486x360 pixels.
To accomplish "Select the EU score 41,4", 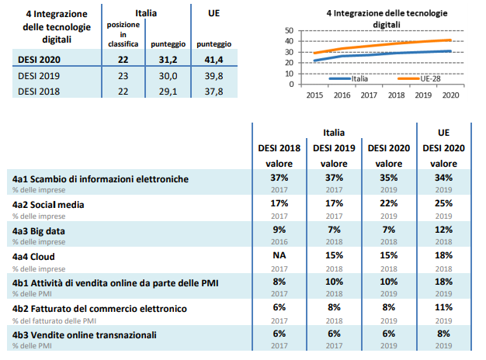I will tap(213, 60).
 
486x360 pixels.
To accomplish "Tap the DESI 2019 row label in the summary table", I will tap(38, 77).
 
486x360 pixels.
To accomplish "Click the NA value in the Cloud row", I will tap(279, 255).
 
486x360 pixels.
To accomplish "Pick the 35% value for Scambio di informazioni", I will tap(389, 178).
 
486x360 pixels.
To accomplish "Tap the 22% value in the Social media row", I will tap(389, 204).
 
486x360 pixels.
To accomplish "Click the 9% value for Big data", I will tap(279, 230).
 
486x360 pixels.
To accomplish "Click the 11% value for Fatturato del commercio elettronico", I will tap(443, 308).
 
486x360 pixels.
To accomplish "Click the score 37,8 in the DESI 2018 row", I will tap(213, 91).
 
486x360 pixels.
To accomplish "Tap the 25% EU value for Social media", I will tap(443, 204).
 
